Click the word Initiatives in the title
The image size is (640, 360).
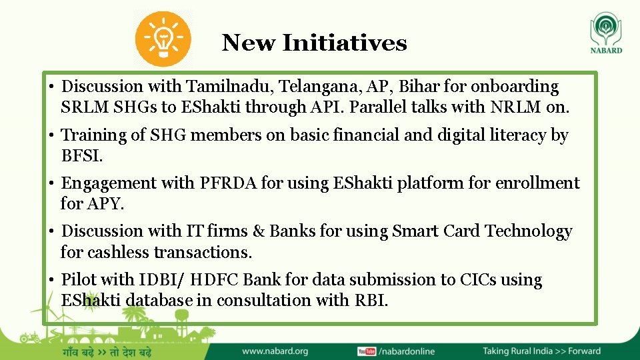click(x=344, y=43)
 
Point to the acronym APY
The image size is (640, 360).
click(x=105, y=204)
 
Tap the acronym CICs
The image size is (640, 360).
click(x=478, y=280)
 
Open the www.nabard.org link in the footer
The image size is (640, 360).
click(x=275, y=351)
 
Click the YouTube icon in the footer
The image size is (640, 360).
click(x=366, y=351)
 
